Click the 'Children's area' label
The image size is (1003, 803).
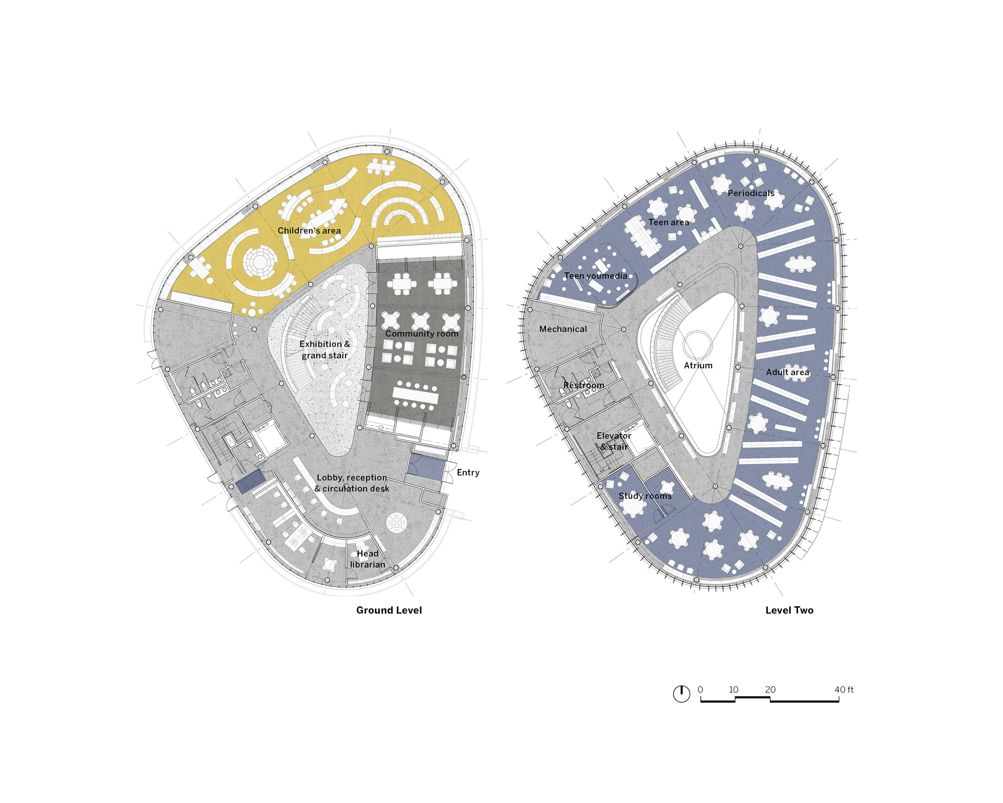309,231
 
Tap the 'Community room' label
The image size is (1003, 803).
422,334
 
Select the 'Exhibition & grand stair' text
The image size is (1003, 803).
325,350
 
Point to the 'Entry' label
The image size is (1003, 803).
468,473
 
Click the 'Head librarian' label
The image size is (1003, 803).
367,559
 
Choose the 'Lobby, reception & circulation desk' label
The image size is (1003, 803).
352,483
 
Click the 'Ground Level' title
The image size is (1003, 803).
389,610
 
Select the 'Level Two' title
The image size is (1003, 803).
789,610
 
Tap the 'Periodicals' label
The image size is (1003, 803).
751,193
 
